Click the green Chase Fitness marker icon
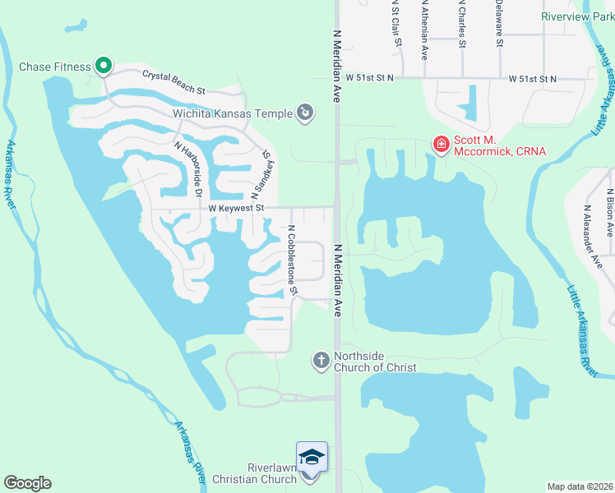pos(104,65)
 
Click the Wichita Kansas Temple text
pos(233,113)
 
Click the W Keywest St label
pos(235,209)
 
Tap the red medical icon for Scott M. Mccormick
pos(441,145)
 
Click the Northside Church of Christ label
pos(375,362)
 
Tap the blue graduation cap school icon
pos(312,457)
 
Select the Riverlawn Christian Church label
pos(254,473)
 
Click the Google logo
pos(27,483)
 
